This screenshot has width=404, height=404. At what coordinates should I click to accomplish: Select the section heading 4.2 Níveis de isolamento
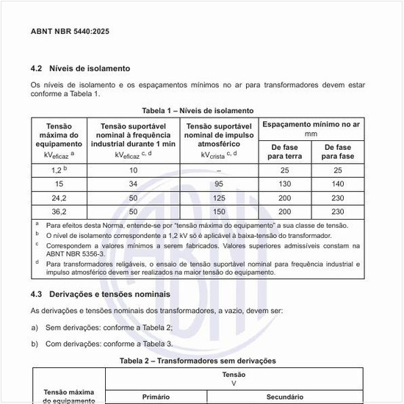coord(80,68)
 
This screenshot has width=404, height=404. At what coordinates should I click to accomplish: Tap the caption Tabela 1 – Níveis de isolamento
coord(198,111)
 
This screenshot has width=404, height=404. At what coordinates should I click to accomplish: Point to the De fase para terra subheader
coord(285,152)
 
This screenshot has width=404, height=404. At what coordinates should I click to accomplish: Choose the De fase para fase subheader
coord(339,152)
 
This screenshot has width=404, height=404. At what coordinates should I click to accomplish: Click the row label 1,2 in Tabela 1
coord(58,170)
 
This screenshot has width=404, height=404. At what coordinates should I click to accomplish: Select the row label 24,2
coord(59,198)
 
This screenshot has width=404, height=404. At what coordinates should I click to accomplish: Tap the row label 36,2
coord(59,212)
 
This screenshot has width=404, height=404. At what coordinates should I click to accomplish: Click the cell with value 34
coord(133,184)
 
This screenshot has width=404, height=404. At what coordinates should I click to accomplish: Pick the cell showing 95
coord(217,184)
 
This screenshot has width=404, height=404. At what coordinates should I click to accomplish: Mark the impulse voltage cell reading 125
coord(217,198)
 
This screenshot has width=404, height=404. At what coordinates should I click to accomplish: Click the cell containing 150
coord(217,212)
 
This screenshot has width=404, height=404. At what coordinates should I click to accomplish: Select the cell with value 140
coord(339,184)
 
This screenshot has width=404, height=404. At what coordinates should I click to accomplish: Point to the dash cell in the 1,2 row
coord(217,170)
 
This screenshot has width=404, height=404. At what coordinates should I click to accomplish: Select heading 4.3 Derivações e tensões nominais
coord(101,294)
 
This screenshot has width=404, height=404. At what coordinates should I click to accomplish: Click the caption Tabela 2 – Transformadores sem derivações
coord(198,361)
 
